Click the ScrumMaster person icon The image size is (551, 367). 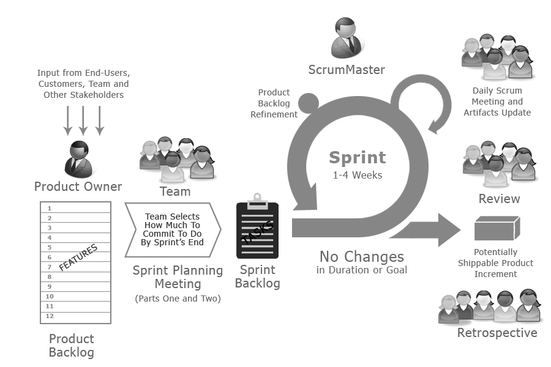coord(347,37)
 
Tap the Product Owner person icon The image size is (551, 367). coord(80,158)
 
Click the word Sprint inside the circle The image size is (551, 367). coord(358,157)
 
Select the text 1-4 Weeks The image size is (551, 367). coord(358,175)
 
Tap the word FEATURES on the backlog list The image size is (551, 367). coord(78,258)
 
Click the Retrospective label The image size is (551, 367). coord(497,333)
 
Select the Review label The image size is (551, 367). coord(499,199)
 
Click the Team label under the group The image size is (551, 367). coord(175,191)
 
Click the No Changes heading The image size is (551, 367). coord(361,256)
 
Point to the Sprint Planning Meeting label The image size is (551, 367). coord(178,277)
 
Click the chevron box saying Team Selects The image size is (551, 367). coord(173,229)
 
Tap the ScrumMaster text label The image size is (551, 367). coord(347,70)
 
